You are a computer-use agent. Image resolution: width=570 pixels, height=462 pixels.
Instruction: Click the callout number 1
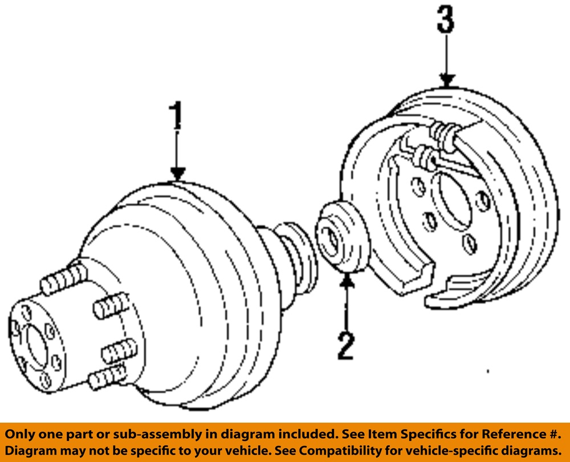pos(177,116)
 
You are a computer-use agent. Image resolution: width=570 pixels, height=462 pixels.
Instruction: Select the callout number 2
pos(346,346)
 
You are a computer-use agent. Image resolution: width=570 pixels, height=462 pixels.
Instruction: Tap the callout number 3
pos(446,19)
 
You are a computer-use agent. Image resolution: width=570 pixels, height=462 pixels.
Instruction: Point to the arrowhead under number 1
pos(177,174)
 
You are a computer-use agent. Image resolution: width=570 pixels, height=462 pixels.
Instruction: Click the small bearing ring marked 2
pos(343,237)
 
